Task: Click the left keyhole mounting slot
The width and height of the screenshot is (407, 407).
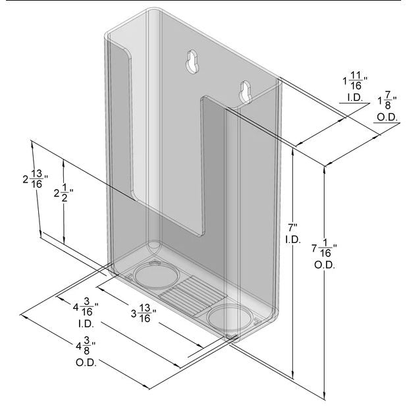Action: point(192,61)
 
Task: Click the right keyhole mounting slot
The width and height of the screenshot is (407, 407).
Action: point(244,92)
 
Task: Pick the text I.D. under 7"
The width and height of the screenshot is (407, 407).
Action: point(292,240)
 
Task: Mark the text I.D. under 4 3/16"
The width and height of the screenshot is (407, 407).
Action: point(86,324)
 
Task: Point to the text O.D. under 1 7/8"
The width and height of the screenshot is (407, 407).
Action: point(386,118)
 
